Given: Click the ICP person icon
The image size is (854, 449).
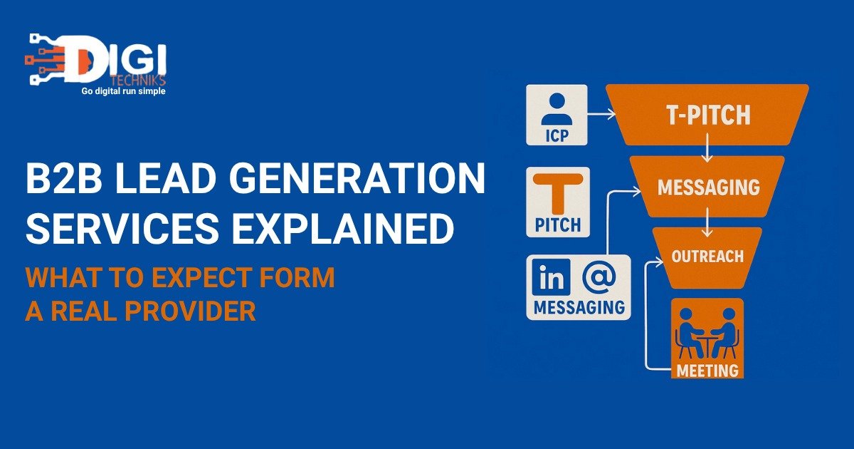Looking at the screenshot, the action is click(x=557, y=108).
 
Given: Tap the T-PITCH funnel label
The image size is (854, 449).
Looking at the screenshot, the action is click(x=708, y=115).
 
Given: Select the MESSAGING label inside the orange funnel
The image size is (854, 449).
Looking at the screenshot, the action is click(x=709, y=187).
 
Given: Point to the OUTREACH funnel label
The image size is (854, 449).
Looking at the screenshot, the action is click(x=707, y=256).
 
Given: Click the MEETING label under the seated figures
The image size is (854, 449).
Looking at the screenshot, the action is click(x=707, y=370).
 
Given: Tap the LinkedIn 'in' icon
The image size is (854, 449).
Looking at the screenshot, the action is click(x=552, y=277).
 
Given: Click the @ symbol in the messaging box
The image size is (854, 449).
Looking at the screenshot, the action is click(x=599, y=277).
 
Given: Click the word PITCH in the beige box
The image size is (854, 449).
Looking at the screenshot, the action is click(x=558, y=224).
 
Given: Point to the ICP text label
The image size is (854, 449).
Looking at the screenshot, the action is click(x=557, y=135).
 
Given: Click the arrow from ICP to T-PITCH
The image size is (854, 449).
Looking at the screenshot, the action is click(x=601, y=114).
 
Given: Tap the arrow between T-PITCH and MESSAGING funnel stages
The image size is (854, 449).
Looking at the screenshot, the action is click(x=707, y=148).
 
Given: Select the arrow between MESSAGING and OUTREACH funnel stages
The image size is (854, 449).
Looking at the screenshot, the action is click(x=707, y=222).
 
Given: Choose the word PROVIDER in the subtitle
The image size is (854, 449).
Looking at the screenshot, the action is click(x=190, y=311).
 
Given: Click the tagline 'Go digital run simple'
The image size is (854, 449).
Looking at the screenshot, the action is click(x=124, y=91).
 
